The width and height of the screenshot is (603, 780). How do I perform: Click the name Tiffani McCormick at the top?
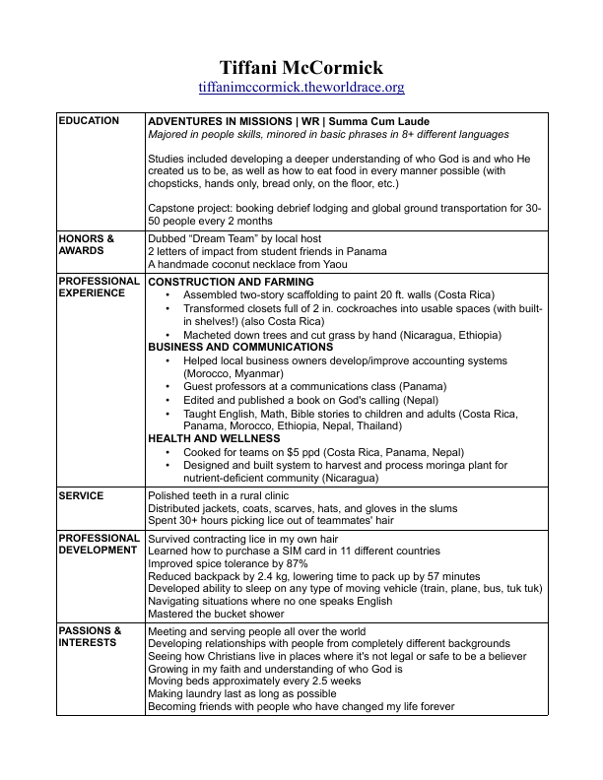coord(301,67)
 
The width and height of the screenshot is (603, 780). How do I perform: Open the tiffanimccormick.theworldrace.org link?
coord(301,88)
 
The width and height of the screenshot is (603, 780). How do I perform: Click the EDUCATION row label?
coord(89,121)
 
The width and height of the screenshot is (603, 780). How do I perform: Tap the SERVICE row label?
coord(81,495)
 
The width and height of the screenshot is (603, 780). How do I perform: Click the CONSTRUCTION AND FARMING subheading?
coord(231,282)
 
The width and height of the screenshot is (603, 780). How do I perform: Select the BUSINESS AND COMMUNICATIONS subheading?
coord(240,348)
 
